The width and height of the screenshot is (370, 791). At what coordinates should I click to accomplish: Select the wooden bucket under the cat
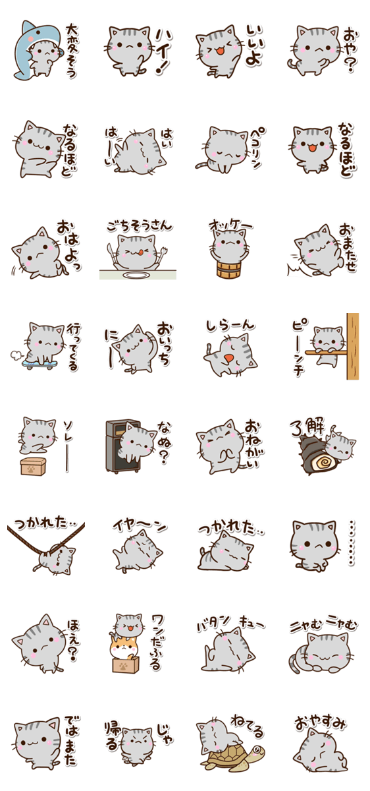[226, 270]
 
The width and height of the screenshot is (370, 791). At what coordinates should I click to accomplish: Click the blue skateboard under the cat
[38, 361]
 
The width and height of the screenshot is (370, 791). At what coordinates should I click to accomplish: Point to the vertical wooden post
[353, 346]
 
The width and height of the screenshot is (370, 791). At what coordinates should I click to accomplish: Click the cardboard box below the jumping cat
[32, 467]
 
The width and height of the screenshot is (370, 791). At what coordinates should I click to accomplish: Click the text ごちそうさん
[138, 225]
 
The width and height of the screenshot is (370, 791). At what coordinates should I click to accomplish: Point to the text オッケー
[230, 224]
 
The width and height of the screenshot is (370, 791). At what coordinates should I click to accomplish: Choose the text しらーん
[228, 326]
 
